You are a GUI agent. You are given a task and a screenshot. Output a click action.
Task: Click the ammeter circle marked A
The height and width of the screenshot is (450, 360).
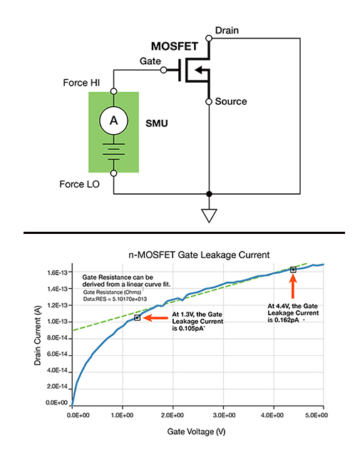point(113,121)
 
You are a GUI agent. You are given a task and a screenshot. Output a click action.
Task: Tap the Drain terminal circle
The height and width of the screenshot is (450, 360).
point(209,39)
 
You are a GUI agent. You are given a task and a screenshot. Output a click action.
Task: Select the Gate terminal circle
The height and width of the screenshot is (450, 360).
point(163,70)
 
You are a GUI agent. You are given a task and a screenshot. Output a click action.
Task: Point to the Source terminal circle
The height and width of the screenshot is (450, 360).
point(209,101)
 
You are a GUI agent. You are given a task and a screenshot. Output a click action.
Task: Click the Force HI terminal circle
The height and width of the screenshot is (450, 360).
point(113,91)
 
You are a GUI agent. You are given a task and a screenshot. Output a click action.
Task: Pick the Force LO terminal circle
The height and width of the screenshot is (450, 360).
point(113,173)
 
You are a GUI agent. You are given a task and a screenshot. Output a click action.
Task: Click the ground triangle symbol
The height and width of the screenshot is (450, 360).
point(209,216)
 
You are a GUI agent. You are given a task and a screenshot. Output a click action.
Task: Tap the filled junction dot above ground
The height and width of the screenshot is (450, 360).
point(209,194)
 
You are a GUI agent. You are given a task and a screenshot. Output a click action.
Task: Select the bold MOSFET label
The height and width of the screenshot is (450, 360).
point(175,46)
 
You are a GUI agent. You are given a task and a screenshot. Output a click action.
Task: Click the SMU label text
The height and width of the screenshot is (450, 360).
point(157,123)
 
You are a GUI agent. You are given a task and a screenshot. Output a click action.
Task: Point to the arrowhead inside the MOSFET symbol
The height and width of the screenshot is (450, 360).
point(198,70)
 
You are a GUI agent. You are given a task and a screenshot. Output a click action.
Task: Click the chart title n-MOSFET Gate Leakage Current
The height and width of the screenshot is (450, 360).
point(199,255)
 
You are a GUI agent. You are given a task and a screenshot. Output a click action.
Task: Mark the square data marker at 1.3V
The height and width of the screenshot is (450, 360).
point(138,317)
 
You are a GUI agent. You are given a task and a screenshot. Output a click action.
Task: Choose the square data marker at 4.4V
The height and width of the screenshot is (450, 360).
point(293,270)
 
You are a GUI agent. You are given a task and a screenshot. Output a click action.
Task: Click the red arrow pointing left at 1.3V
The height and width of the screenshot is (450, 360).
point(155,317)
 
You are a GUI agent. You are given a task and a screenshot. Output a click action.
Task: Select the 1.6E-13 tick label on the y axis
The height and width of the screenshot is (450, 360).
point(57,272)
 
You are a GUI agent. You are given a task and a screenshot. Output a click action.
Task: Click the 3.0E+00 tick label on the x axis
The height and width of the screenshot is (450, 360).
point(224,415)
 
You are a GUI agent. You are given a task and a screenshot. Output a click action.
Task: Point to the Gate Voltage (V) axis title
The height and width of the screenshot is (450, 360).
point(196,431)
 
